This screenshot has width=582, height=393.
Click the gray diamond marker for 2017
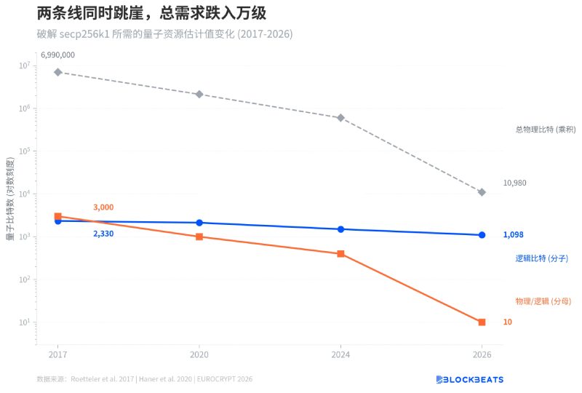[57, 72]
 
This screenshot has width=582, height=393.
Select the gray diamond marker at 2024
[340, 117]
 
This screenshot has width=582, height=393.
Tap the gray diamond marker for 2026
[482, 192]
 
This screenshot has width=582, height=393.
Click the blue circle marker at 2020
[199, 223]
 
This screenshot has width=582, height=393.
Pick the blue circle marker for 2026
[482, 235]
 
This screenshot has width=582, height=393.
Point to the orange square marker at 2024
[340, 254]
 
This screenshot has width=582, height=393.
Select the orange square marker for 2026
[482, 322]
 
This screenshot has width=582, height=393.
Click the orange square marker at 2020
[199, 237]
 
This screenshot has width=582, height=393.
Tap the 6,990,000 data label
[57, 55]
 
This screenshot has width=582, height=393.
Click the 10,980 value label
[514, 183]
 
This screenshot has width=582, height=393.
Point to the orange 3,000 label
[103, 207]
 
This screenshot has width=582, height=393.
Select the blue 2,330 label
[103, 234]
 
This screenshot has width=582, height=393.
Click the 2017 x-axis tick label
[57, 354]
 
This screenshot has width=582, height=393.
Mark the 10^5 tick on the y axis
[24, 151]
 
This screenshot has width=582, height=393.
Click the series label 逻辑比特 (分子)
[541, 258]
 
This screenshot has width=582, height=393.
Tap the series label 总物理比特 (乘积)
[546, 130]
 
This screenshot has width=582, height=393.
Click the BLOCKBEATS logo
[469, 379]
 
